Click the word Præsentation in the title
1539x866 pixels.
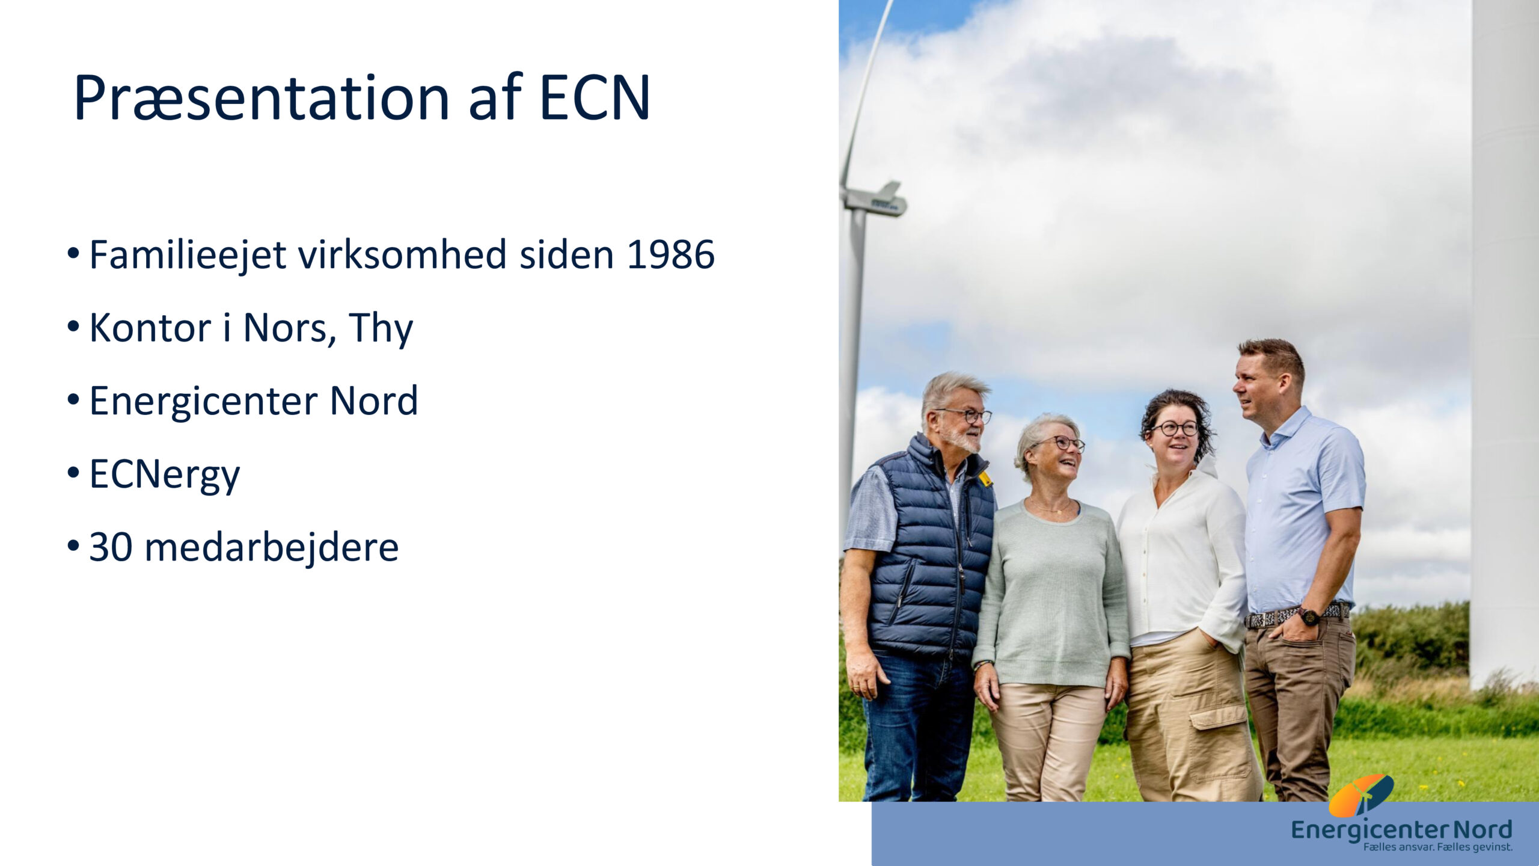(262, 97)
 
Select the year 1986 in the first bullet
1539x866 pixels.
(670, 254)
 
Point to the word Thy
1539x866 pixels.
(381, 329)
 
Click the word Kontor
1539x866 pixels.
(150, 328)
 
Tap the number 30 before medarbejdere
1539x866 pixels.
(111, 547)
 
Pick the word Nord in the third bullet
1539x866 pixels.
(374, 401)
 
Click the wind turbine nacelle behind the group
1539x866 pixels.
(875, 200)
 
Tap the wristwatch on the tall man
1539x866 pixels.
(1308, 616)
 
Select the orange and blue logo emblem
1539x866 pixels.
(1361, 795)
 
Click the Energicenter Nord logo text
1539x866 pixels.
(1401, 831)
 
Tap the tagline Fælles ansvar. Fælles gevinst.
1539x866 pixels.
(1437, 847)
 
